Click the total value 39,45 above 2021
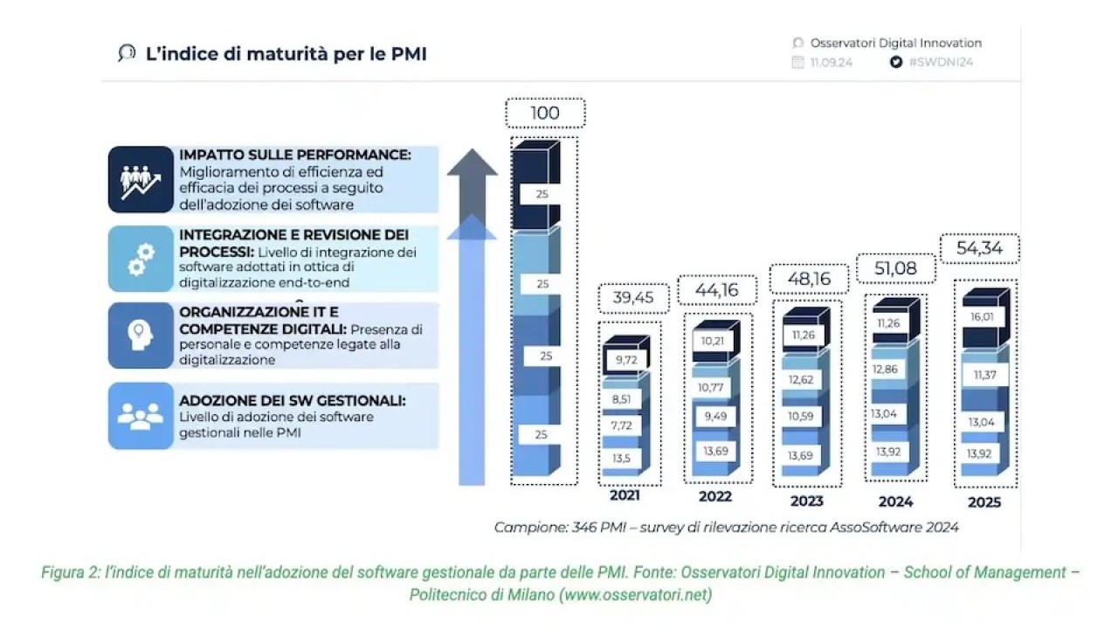[x=633, y=298]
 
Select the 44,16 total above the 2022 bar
[x=717, y=289]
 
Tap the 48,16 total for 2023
[x=809, y=279]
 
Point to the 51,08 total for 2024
[x=895, y=268]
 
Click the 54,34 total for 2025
[x=979, y=248]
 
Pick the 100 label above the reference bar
[x=544, y=113]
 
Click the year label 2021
[x=625, y=495]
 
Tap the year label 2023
[x=806, y=501]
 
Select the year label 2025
[x=984, y=502]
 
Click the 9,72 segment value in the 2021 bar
[x=626, y=359]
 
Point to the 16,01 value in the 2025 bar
[x=982, y=317]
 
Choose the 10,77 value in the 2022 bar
[x=710, y=387]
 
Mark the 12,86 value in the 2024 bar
[x=885, y=370]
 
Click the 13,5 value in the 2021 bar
[x=621, y=459]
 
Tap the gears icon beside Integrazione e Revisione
[x=141, y=259]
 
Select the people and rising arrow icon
[x=141, y=182]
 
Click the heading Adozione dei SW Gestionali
[x=293, y=401]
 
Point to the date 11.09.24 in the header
[x=831, y=62]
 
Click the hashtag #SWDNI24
[x=941, y=62]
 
